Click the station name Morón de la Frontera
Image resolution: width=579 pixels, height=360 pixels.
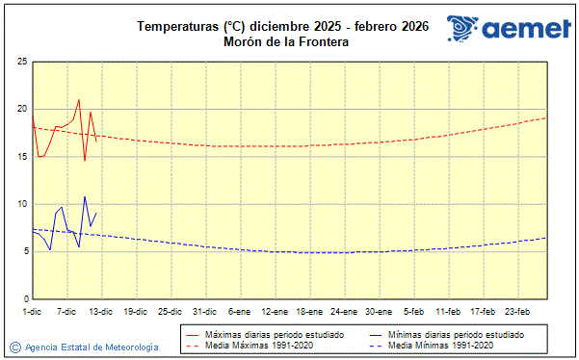pos(283,42)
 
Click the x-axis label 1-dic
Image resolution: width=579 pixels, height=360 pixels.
pos(33,311)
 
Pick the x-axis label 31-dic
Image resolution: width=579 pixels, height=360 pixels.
pos(204,311)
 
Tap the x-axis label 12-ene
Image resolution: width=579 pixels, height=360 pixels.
pos(275,311)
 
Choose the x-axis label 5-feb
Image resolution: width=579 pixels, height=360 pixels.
pos(414,311)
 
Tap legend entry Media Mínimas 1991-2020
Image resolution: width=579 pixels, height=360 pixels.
pos(441,345)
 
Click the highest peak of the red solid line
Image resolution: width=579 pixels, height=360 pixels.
pos(79,99)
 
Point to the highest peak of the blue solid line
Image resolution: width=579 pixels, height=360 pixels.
pos(85,196)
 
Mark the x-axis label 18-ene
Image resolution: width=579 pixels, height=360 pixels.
pos(309,311)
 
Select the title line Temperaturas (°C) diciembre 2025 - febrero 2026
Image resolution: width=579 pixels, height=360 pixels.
pos(283,27)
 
